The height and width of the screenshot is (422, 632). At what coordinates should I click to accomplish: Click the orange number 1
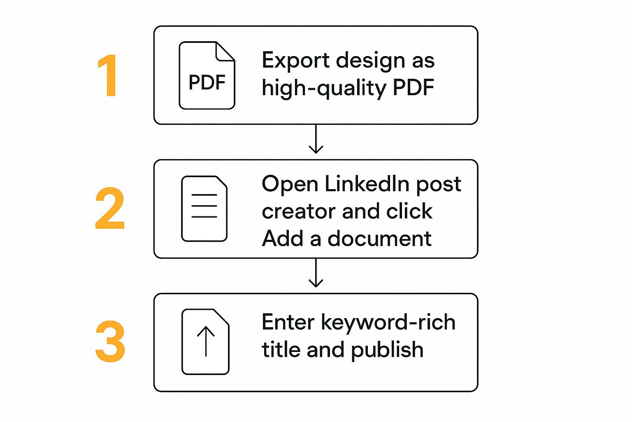(108, 76)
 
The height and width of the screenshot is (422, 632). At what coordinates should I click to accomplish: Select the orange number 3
(110, 342)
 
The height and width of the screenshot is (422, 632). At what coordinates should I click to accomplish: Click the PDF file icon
(207, 76)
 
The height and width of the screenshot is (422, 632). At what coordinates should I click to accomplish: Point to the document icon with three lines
(204, 209)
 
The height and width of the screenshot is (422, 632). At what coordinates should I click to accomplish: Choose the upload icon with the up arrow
(205, 342)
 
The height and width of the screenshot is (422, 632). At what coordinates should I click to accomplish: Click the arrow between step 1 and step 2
(316, 139)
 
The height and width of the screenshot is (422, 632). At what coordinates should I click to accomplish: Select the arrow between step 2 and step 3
(316, 273)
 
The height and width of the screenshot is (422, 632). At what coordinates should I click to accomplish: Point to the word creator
(299, 212)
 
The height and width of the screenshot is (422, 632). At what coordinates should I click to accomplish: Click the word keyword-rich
(388, 323)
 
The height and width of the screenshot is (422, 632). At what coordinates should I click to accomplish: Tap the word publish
(387, 350)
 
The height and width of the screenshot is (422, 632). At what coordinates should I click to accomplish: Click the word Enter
(288, 322)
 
